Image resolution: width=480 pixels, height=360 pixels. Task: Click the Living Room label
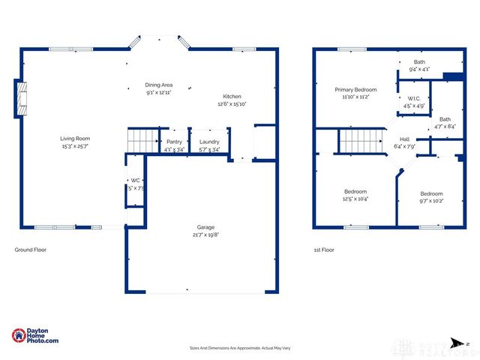coord(76,138)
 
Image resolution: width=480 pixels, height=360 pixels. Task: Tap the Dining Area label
coord(158,85)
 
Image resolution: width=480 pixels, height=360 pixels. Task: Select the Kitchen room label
coord(232,96)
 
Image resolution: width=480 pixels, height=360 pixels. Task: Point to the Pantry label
coord(174,141)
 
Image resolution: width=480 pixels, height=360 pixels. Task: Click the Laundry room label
coord(209,141)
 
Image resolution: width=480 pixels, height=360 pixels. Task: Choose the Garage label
coord(207,226)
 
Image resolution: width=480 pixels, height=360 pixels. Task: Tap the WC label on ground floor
coord(136,180)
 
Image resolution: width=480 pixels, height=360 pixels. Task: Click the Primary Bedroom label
coord(355,89)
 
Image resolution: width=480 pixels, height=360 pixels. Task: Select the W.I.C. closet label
coord(415,99)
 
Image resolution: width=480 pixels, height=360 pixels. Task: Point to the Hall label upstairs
coord(404,139)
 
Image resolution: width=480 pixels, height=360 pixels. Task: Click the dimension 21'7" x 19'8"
coord(207,234)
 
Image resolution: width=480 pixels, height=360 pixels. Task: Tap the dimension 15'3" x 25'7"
coord(76,146)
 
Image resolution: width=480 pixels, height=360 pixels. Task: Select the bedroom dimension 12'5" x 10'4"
coord(355,199)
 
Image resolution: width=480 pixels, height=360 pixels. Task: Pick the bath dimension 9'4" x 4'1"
coord(419,69)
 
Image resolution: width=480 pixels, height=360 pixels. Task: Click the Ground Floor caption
coord(31,249)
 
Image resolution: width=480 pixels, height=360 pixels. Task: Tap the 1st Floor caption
coord(324,249)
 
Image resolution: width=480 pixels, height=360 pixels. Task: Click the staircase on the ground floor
coord(142,139)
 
